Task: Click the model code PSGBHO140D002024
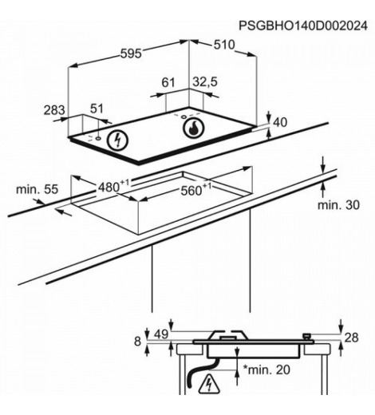coord(303,26)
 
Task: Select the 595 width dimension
coord(131,53)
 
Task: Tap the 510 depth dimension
coord(224,45)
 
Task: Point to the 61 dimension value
coord(168,82)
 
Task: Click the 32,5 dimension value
coord(205,81)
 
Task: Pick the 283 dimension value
coord(54,110)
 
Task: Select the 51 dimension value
coord(97,109)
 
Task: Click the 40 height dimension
coord(280,122)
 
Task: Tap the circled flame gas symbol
coord(194,128)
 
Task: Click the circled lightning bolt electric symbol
coord(118,140)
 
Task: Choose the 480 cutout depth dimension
coord(113,186)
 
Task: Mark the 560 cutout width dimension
coord(196,188)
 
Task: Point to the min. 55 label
coord(37,189)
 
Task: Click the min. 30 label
coord(338,205)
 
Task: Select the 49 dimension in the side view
coord(161,334)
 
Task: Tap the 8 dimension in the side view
coord(137,342)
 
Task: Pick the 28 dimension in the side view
coord(351,338)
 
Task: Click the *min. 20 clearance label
coord(266,370)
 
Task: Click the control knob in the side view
coord(307,337)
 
